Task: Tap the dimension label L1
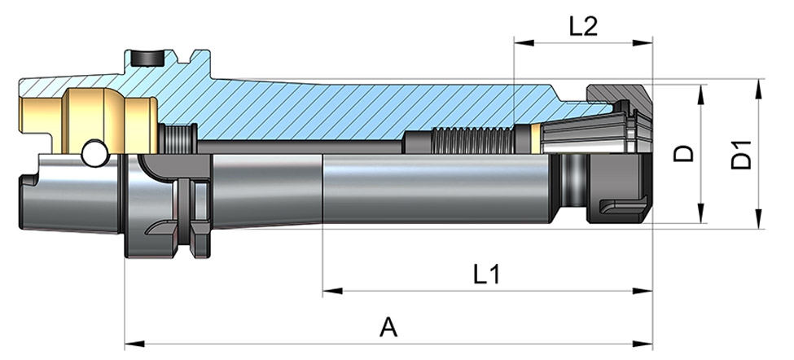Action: [x=486, y=274]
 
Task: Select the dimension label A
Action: [x=389, y=327]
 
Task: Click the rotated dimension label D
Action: [x=686, y=152]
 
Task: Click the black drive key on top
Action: [x=147, y=57]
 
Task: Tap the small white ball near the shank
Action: [x=94, y=151]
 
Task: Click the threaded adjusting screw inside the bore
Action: [x=473, y=139]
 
